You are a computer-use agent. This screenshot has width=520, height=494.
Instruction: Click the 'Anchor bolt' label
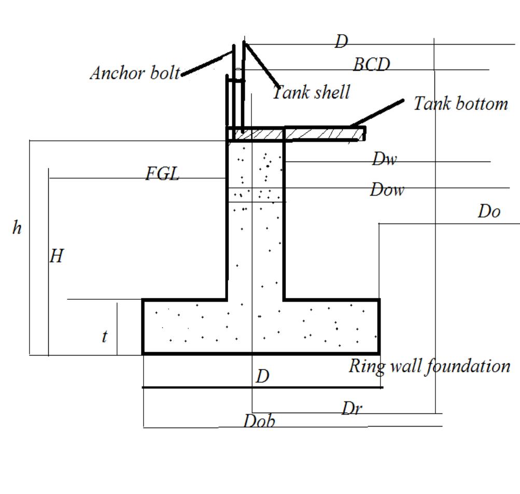pyautogui.click(x=135, y=73)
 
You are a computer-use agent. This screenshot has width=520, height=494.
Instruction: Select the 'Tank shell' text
pyautogui.click(x=312, y=92)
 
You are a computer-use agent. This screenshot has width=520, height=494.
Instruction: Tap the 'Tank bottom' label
pyautogui.click(x=460, y=104)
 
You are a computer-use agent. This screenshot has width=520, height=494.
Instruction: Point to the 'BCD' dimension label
pyautogui.click(x=371, y=65)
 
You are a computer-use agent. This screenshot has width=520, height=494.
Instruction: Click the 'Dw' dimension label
pyautogui.click(x=384, y=159)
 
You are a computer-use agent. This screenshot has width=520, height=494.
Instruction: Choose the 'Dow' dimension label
pyautogui.click(x=387, y=190)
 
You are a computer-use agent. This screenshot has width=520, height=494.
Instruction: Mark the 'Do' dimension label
pyautogui.click(x=489, y=212)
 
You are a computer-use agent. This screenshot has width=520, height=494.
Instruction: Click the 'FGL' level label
pyautogui.click(x=162, y=174)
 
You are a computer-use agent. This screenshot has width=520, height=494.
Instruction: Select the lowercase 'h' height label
pyautogui.click(x=17, y=228)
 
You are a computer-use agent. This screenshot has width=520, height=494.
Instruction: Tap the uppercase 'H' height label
pyautogui.click(x=57, y=256)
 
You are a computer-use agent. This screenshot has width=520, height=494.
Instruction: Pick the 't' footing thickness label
pyautogui.click(x=105, y=337)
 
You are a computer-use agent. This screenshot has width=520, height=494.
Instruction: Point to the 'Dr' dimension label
pyautogui.click(x=352, y=409)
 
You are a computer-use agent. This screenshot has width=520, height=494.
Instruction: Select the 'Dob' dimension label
pyautogui.click(x=259, y=421)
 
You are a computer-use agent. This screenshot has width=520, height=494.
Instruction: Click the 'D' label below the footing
pyautogui.click(x=263, y=376)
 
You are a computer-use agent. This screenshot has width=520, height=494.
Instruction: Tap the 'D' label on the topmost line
pyautogui.click(x=341, y=42)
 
